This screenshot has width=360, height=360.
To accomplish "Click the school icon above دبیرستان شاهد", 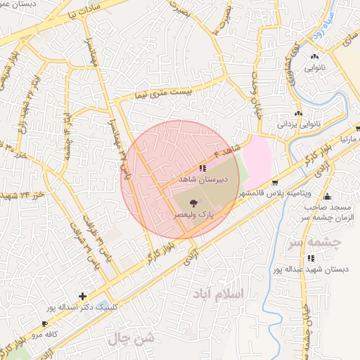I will click(202, 168).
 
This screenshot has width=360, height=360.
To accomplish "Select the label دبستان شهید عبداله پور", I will click(310, 269).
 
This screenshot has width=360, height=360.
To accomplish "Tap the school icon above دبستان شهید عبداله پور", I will click(311, 258).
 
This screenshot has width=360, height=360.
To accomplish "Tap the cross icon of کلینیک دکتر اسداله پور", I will click(83, 296).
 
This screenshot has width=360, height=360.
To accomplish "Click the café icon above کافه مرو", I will click(44, 324).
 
